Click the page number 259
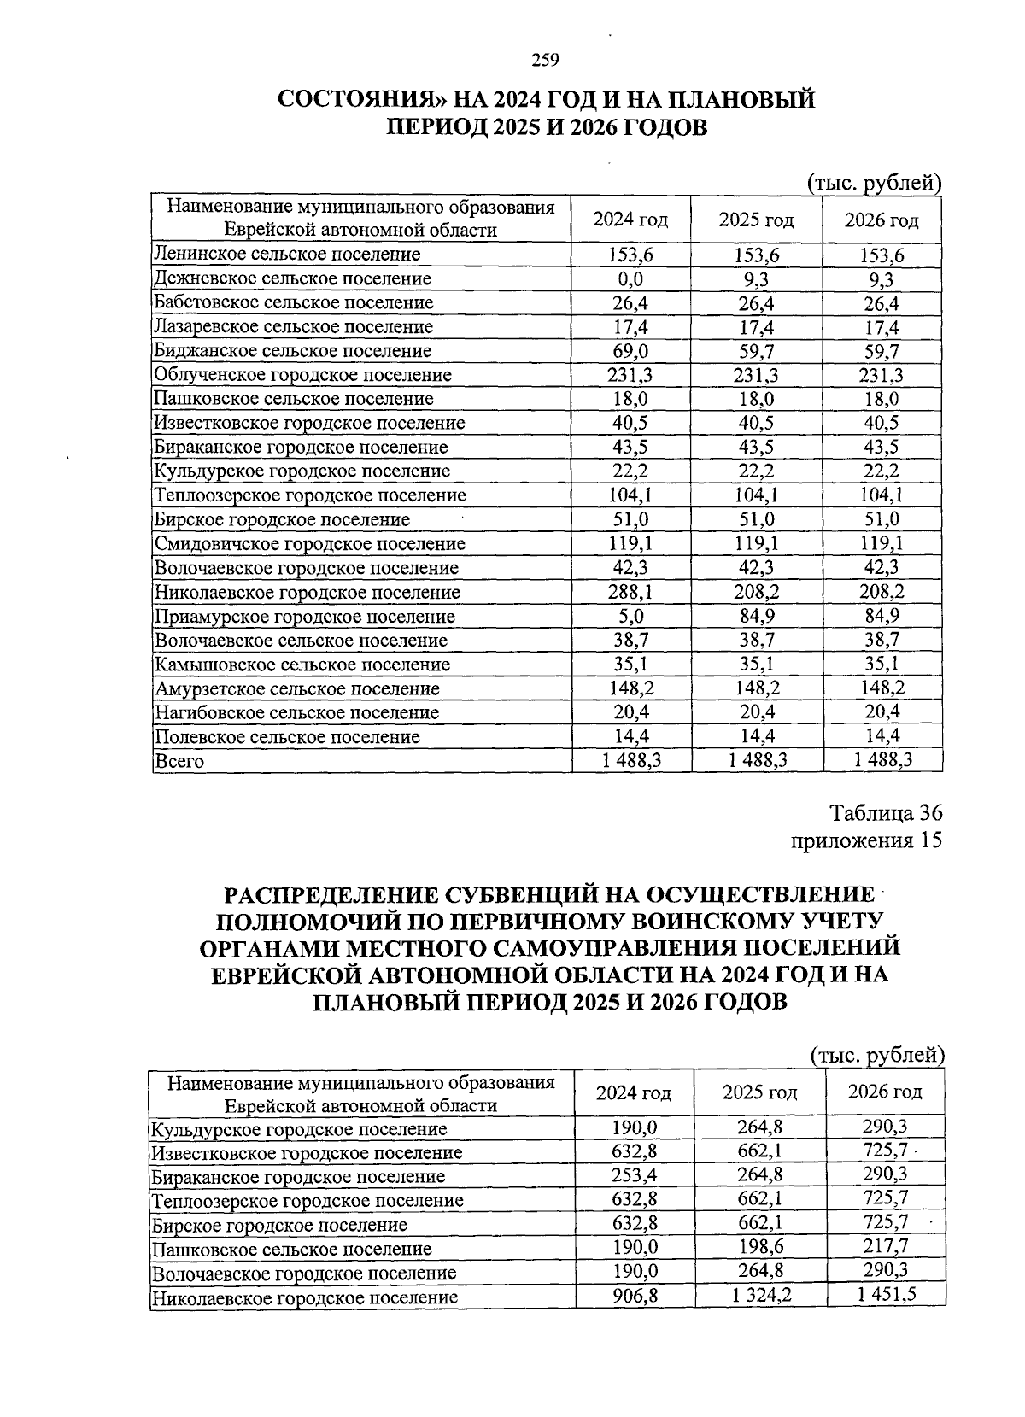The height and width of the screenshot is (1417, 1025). (544, 60)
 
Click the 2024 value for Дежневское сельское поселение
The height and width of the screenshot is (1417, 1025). (630, 278)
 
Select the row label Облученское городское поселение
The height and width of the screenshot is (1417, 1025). (302, 375)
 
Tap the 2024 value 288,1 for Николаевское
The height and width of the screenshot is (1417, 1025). (630, 592)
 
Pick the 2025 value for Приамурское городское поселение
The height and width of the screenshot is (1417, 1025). (756, 616)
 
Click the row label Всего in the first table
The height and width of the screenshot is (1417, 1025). (179, 761)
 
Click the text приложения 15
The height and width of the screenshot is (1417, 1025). (866, 840)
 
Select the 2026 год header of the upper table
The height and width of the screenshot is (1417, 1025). (881, 220)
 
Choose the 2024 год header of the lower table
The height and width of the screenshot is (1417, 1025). (633, 1092)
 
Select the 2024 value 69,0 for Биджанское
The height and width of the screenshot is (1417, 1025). (630, 351)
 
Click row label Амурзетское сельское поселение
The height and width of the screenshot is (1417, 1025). (296, 688)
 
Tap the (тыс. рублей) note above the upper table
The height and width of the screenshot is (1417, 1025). (874, 182)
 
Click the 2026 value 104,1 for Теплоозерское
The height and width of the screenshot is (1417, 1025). (881, 495)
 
